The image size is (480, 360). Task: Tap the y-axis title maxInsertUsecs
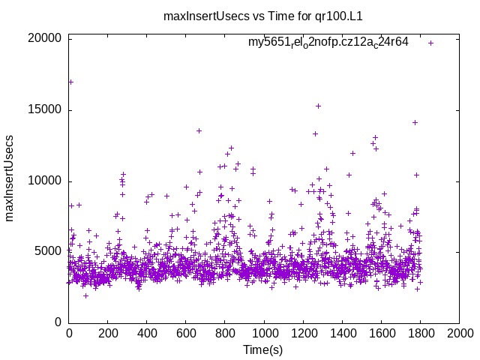pos(10,178)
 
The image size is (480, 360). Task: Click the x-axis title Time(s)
pos(263,350)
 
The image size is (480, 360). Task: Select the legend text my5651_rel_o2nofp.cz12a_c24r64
pos(328,42)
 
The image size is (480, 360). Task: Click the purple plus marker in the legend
pos(430,43)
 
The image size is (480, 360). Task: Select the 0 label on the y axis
pos(58,322)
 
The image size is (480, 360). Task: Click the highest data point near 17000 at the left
pos(70,82)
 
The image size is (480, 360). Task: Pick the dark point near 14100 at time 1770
pos(415,122)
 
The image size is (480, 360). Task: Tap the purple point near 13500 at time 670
pos(199,130)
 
